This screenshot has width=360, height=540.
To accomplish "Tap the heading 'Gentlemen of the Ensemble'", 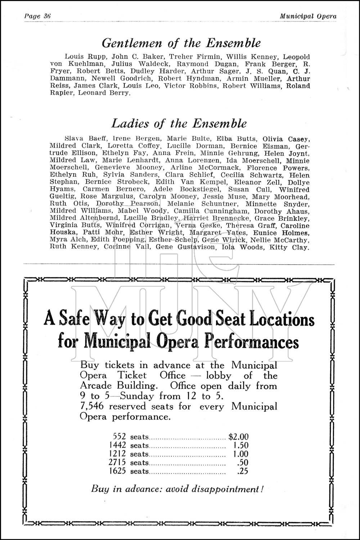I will [x=181, y=43].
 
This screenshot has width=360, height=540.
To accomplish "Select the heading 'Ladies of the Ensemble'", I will [x=179, y=123].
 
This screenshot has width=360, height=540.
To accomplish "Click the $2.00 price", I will [x=238, y=437].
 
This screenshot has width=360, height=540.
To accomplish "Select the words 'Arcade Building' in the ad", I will [x=119, y=386].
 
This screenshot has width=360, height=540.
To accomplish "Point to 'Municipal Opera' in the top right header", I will [x=308, y=16].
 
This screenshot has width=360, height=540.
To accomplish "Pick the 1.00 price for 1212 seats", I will [x=241, y=454].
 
